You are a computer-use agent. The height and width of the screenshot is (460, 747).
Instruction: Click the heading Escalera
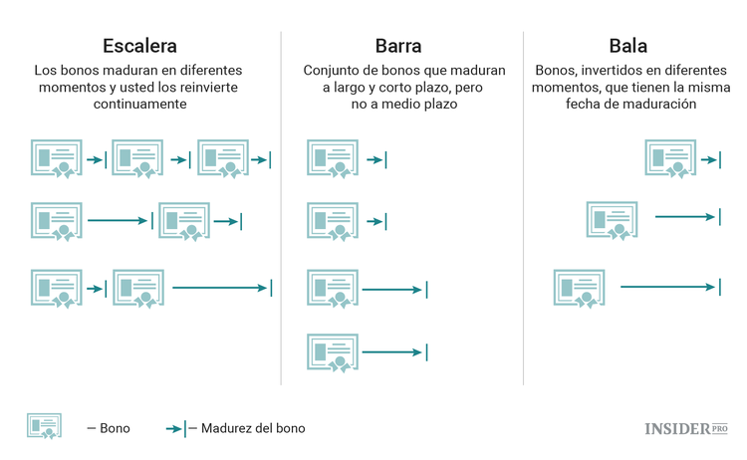pos(139,46)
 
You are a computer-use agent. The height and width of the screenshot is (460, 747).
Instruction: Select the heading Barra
pos(397,46)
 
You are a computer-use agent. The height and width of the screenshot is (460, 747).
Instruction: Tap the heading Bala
pos(627,46)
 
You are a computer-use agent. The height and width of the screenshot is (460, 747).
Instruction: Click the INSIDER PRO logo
pos(686,428)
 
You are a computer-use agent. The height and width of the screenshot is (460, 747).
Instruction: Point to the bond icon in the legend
pos(44,426)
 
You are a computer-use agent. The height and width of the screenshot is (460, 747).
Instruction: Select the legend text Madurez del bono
pos(253,428)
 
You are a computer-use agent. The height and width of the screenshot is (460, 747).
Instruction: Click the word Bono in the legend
pos(115,428)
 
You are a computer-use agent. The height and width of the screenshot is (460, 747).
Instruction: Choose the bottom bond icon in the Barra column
pos(332,352)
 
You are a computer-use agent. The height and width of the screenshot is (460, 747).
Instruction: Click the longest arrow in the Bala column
pos(669,287)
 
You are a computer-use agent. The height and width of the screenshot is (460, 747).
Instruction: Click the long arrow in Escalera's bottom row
pos(221,288)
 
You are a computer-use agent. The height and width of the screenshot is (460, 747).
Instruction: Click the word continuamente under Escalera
pos(139,103)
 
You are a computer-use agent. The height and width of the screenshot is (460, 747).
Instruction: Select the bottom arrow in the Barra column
pos(394,351)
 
